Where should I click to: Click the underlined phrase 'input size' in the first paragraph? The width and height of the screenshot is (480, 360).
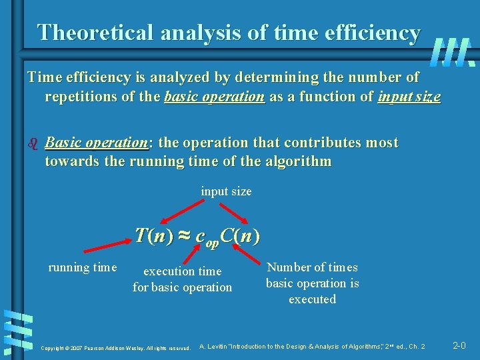pyautogui.click(x=409, y=97)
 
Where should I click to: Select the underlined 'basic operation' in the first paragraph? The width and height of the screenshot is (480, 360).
pyautogui.click(x=214, y=97)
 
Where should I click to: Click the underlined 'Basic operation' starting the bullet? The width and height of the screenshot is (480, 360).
pyautogui.click(x=96, y=143)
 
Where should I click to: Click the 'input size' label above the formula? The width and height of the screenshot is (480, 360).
pyautogui.click(x=226, y=191)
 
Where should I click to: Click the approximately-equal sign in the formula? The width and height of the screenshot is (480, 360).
pyautogui.click(x=185, y=235)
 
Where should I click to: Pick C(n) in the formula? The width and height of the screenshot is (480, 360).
pyautogui.click(x=238, y=235)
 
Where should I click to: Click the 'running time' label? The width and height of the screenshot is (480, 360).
pyautogui.click(x=82, y=267)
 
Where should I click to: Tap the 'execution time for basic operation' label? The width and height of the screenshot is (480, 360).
pyautogui.click(x=182, y=279)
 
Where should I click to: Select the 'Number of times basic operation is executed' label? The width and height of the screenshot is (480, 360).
pyautogui.click(x=312, y=283)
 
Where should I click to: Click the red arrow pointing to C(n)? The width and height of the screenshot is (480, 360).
pyautogui.click(x=235, y=215)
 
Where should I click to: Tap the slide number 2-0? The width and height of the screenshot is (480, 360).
pyautogui.click(x=459, y=345)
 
